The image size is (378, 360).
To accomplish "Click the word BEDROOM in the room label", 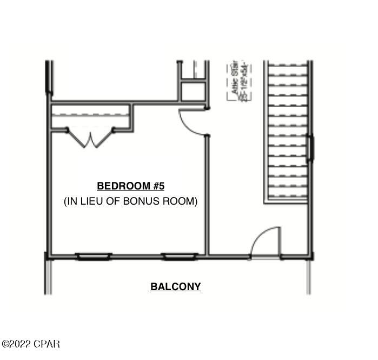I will point(123,186).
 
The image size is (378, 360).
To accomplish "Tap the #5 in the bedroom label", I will point(158,186).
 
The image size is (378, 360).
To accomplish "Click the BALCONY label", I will point(175,287).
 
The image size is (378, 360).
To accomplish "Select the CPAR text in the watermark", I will point(48,344).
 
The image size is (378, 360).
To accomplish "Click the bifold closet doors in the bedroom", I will point(90,138).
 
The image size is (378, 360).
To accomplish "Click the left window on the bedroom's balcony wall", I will point(94,256).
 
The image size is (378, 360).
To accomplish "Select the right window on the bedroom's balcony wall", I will point(180,256).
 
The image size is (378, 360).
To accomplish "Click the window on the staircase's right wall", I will point(310,148).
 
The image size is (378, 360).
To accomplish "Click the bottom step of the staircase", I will point(288,193).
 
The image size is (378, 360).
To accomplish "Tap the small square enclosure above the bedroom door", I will point(193,91).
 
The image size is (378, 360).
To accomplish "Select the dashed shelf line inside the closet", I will point(90,114).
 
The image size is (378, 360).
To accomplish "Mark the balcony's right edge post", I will point(310,276).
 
